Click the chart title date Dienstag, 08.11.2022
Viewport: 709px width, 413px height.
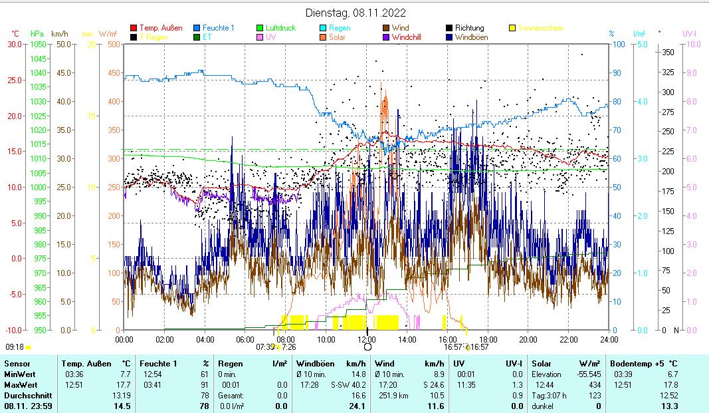pos(355,13)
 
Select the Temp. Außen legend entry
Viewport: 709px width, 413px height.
pos(160,29)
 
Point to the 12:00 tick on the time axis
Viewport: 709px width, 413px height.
pos(367,339)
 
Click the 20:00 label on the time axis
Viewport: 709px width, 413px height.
pos(528,339)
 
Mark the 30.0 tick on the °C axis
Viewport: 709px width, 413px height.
pos(15,45)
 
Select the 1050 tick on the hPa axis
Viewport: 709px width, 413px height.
pos(37,45)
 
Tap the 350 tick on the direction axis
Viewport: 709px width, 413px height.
pos(668,52)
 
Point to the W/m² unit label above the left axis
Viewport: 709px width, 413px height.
pos(108,33)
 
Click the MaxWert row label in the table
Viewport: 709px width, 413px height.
pos(21,385)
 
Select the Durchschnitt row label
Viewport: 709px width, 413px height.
pos(25,395)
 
